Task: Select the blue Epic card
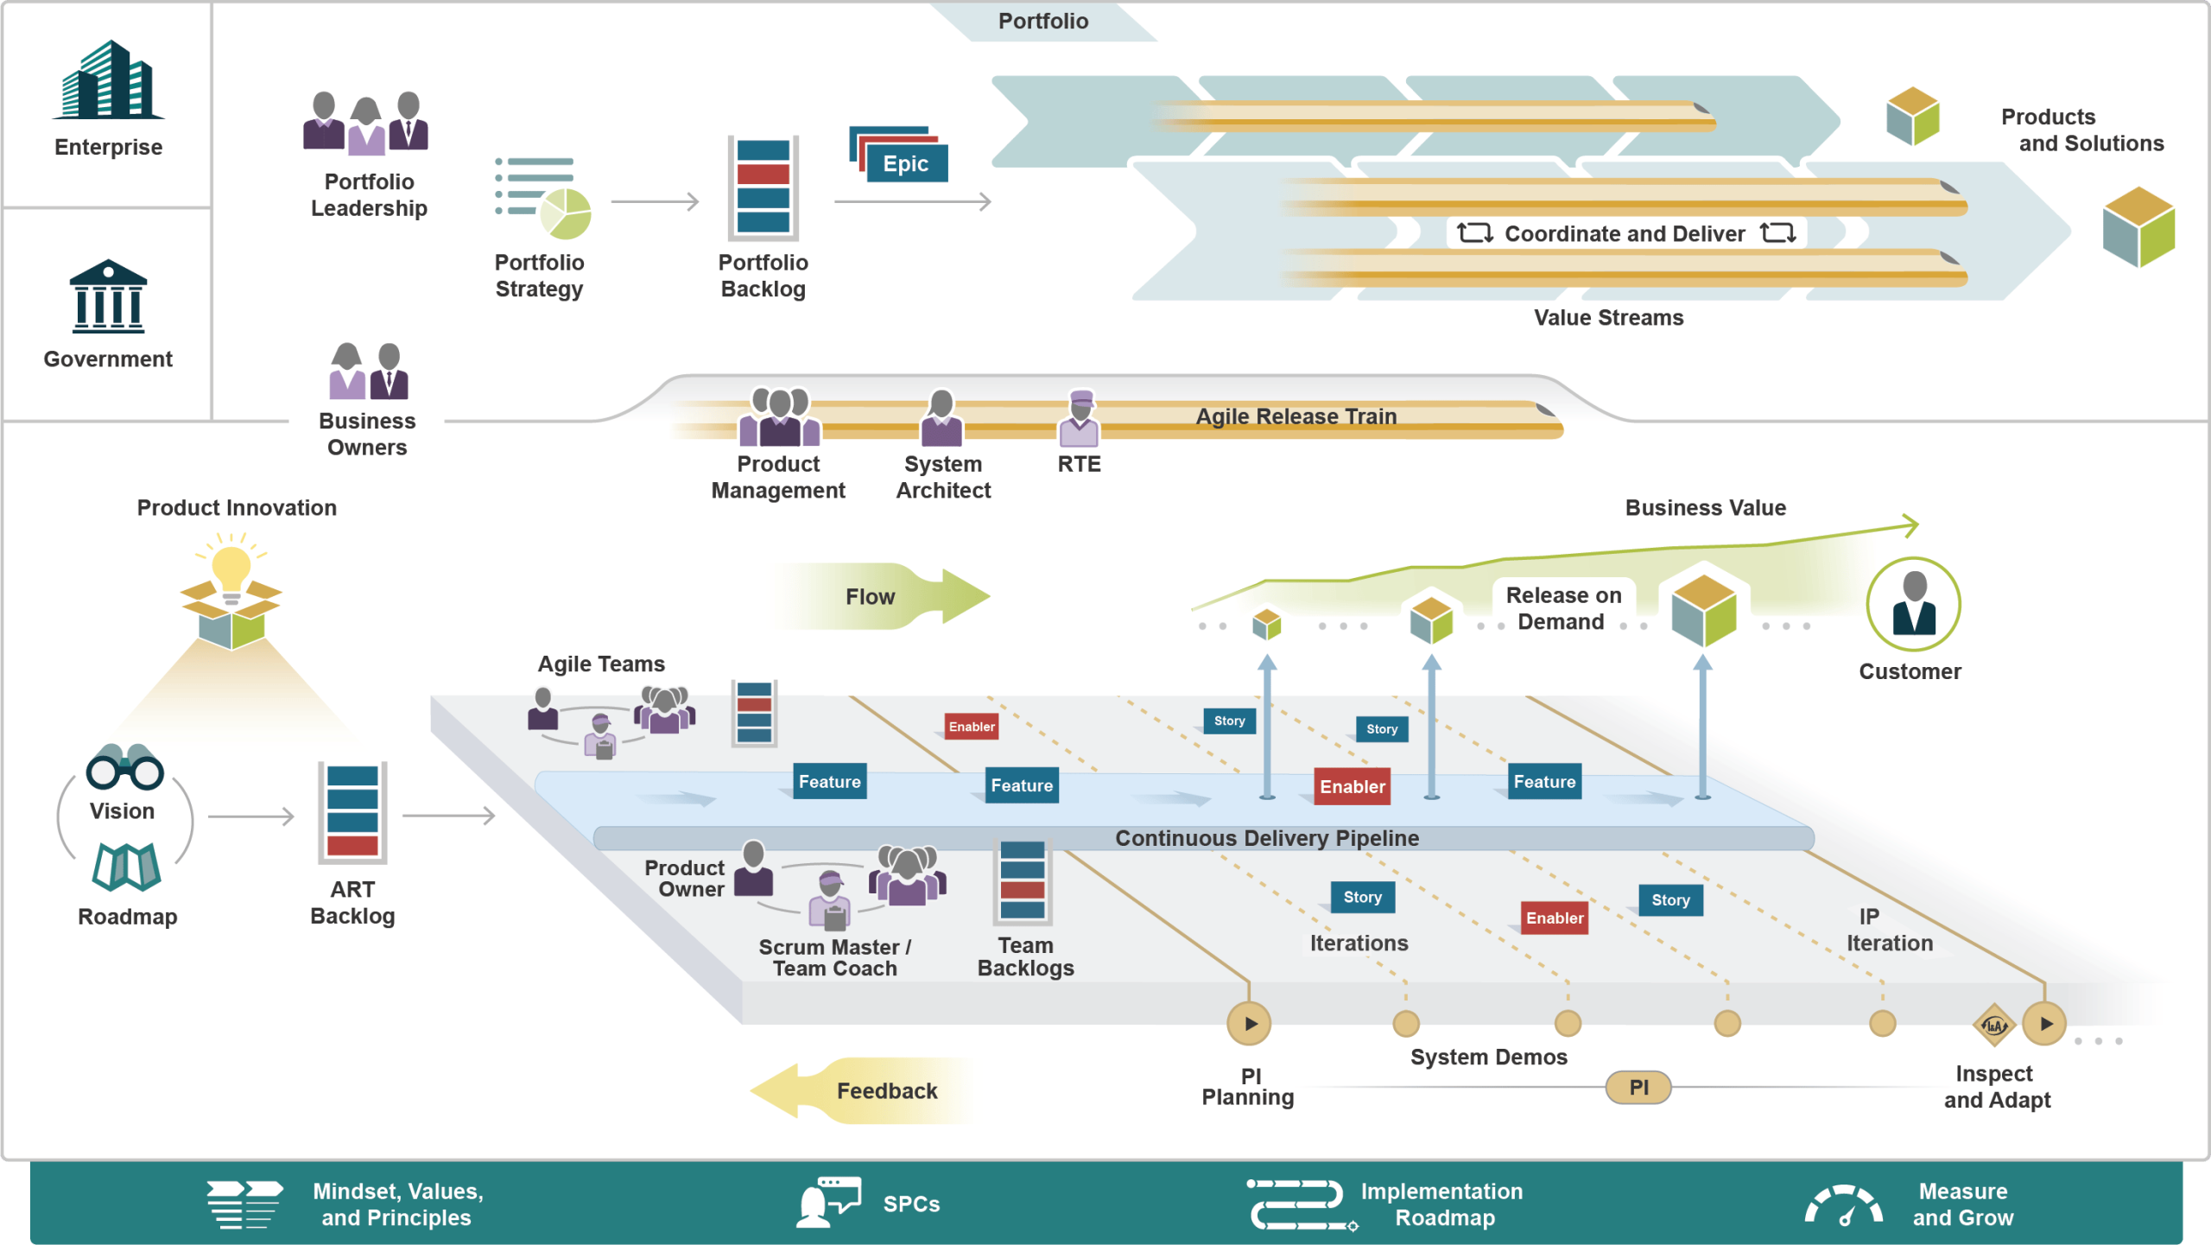click(905, 163)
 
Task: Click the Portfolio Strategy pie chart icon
click(566, 213)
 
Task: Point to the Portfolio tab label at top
click(1043, 21)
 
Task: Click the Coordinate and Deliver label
click(1625, 233)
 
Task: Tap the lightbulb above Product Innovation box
click(231, 570)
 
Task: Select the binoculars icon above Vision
click(124, 767)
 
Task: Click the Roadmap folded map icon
click(126, 867)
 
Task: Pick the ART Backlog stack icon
click(352, 811)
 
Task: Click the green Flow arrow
click(890, 596)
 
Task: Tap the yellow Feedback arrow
click(864, 1090)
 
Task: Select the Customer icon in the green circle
click(1913, 605)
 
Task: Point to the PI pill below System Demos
click(1638, 1088)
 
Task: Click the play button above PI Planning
click(1249, 1024)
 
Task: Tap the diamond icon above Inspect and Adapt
click(1994, 1026)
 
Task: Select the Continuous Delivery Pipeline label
click(1267, 838)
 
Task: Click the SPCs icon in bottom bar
click(827, 1203)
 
